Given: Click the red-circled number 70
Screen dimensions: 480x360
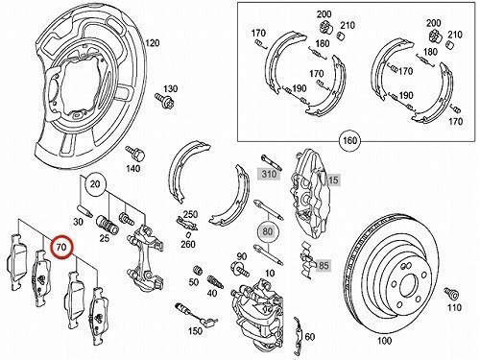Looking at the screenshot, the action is pyautogui.click(x=61, y=247).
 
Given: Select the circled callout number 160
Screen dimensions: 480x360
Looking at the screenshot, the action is pyautogui.click(x=350, y=140).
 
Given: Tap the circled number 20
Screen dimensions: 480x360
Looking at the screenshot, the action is pyautogui.click(x=95, y=183).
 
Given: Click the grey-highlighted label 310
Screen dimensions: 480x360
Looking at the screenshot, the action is pyautogui.click(x=269, y=174).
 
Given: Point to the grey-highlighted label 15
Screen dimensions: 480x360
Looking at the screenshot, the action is pyautogui.click(x=333, y=180).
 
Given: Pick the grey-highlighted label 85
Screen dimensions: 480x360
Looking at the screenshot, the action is pyautogui.click(x=324, y=265).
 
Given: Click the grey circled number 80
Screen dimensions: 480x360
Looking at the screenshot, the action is pyautogui.click(x=268, y=230).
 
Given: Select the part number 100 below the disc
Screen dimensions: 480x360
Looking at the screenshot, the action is pyautogui.click(x=384, y=341).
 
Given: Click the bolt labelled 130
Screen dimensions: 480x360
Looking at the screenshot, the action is pyautogui.click(x=164, y=101).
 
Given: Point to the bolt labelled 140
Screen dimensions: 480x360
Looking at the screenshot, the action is pyautogui.click(x=135, y=154).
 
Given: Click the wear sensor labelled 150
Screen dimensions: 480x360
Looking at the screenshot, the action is pyautogui.click(x=196, y=315).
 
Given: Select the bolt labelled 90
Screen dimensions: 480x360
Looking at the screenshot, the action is pyautogui.click(x=239, y=269).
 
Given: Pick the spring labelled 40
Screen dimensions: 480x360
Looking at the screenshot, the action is pyautogui.click(x=213, y=281).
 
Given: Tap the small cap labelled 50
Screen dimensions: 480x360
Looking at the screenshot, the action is pyautogui.click(x=198, y=270).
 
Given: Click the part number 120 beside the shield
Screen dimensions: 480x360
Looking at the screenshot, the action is pyautogui.click(x=153, y=43).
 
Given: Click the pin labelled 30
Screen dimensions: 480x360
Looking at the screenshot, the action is pyautogui.click(x=85, y=210).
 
